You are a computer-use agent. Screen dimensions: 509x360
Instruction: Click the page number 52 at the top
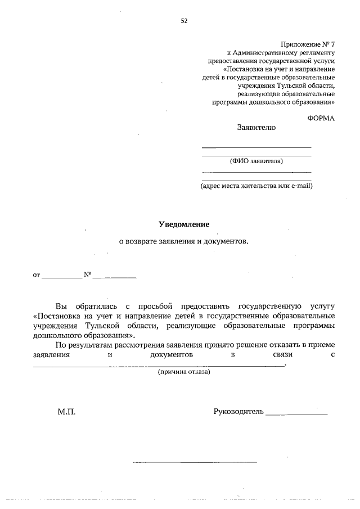coord(184,21)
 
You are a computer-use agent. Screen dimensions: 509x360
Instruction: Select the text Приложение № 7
coord(307,43)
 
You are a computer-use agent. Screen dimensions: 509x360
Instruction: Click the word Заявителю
coord(256,128)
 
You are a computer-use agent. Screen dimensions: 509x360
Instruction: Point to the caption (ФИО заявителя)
coord(256,161)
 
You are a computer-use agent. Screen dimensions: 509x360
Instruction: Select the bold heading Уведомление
coord(183,224)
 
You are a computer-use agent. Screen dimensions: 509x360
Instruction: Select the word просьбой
coord(153,307)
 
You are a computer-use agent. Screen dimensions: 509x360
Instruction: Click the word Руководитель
coord(238,412)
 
